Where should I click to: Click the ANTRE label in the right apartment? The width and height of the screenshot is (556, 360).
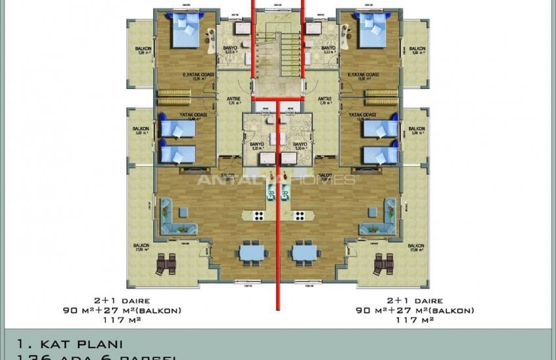[x=324, y=99]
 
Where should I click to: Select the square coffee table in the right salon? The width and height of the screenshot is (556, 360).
[x=372, y=212]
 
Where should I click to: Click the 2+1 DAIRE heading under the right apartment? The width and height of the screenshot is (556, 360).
[x=415, y=301]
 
